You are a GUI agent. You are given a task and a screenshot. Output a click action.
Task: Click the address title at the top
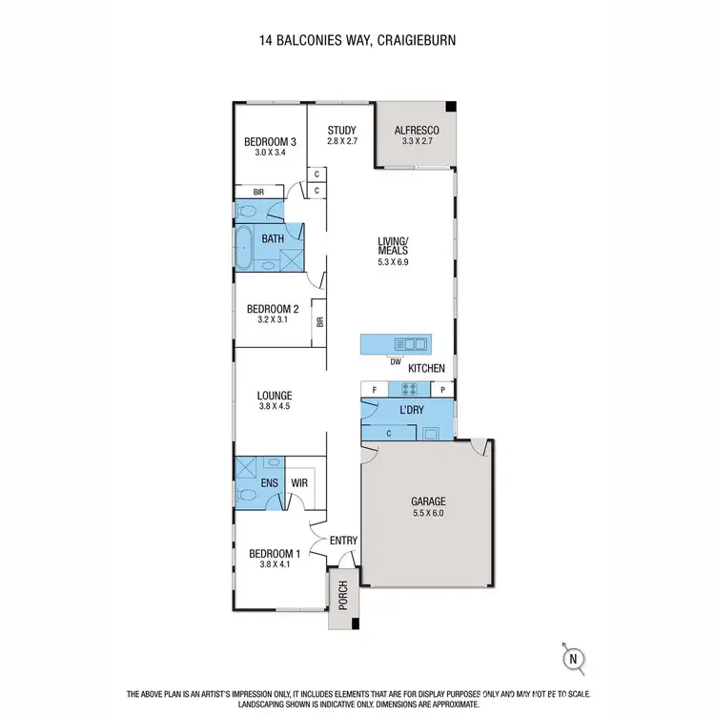coord(357,41)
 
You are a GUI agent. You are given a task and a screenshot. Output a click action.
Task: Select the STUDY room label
coord(341,132)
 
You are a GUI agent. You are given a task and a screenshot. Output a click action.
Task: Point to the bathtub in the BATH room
coord(245,249)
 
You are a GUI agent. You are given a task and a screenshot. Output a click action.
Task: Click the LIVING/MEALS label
coord(393,246)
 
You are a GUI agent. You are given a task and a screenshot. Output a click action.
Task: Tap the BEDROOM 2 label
coord(274,309)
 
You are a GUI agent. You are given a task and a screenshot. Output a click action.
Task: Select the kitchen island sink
coord(412,344)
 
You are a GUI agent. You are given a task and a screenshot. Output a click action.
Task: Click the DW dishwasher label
coord(395,361)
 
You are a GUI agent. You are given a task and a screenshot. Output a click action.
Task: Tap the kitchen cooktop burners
coord(409,389)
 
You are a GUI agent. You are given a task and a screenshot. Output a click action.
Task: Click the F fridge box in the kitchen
coord(375,389)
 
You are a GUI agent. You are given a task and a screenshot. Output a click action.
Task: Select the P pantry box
coord(442,389)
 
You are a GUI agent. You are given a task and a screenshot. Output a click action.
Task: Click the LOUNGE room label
coord(274,396)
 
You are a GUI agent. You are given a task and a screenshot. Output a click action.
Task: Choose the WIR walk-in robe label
coord(298,483)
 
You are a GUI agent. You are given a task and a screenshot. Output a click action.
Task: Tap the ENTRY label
coord(343,541)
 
